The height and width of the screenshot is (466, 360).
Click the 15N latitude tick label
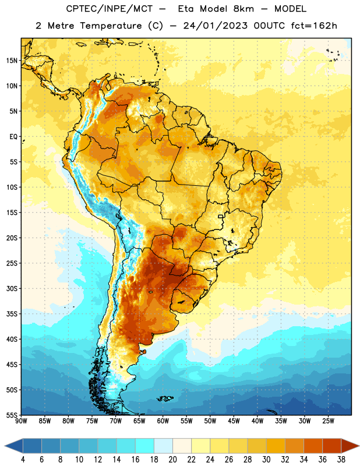[12, 61]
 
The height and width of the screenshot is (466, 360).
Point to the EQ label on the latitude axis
[13, 136]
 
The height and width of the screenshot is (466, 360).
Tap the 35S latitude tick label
[12, 314]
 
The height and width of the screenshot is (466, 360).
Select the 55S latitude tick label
[12, 415]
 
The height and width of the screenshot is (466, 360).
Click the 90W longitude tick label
[21, 421]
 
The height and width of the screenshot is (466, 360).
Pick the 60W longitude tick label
[163, 421]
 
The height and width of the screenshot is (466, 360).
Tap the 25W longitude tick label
[328, 421]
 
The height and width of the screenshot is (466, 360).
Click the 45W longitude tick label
[234, 421]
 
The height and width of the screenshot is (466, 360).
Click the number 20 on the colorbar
[172, 459]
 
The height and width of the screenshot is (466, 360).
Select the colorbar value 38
[341, 459]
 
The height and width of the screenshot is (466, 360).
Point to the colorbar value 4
[23, 459]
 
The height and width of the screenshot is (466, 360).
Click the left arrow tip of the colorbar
[5, 446]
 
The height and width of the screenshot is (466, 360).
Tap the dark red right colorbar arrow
[350, 446]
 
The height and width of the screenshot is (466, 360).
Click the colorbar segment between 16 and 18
[144, 446]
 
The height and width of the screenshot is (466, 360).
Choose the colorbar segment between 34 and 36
[313, 446]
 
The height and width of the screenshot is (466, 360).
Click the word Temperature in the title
[111, 26]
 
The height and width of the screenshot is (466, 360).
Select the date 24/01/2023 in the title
[215, 26]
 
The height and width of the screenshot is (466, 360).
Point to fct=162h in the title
[314, 26]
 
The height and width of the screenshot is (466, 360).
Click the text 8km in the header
[243, 9]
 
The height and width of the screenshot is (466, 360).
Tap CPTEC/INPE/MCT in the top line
[110, 9]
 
